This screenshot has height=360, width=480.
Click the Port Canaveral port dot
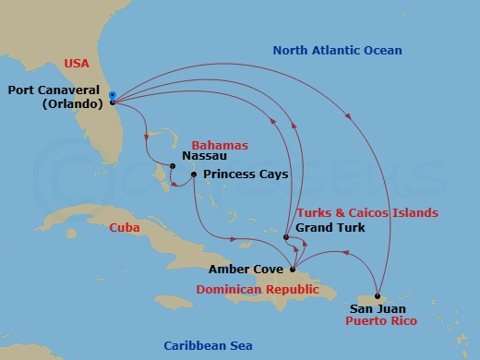point(112,102)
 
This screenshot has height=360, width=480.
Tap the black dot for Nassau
point(170,166)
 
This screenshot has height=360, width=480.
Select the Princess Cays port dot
point(193,174)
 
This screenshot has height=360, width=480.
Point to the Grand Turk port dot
point(286,238)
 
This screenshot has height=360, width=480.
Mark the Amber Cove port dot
point(293,270)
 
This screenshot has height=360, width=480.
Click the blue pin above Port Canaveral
point(112,94)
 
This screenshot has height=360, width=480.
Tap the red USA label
point(77,64)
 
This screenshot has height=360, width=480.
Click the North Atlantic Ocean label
point(337,50)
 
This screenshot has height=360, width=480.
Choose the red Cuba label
point(124,227)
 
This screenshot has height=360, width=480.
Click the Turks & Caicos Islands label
point(367,213)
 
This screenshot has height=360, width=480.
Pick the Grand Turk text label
point(330,227)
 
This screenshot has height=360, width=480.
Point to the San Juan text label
point(377,308)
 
